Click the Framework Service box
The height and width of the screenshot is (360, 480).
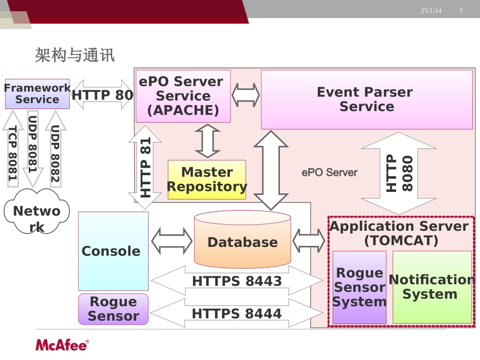point(37,93)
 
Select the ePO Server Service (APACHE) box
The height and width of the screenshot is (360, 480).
point(183,96)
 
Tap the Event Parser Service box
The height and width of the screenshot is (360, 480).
point(367,99)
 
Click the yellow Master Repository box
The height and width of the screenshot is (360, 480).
point(207,180)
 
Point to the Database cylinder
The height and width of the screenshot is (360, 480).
point(243,239)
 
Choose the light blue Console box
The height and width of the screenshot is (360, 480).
point(113,251)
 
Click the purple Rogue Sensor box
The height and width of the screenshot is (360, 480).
point(113,309)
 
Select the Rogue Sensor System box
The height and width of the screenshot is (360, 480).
point(359,287)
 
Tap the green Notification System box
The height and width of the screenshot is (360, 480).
point(432,287)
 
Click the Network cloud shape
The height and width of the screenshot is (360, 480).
point(37,212)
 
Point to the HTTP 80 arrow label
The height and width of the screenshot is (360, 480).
point(102,95)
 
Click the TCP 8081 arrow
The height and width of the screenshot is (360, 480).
point(13,149)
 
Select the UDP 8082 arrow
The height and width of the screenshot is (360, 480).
point(56,149)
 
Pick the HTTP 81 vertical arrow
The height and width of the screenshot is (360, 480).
point(145,167)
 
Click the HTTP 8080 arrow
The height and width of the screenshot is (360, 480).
point(399,173)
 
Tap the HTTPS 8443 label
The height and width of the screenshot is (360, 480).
point(237,281)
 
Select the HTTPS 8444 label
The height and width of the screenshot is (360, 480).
point(237,314)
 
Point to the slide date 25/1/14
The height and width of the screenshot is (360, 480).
point(431,11)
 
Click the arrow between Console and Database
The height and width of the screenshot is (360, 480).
point(172,241)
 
